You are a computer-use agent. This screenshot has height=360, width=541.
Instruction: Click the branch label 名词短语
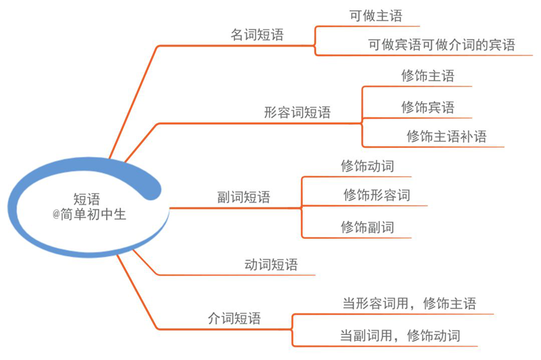[257, 35]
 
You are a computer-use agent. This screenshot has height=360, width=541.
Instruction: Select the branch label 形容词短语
[297, 112]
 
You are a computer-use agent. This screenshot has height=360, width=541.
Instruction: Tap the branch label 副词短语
[243, 197]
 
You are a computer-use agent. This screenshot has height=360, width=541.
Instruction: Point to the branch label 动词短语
[271, 265]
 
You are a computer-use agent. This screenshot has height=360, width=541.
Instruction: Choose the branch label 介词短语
[234, 318]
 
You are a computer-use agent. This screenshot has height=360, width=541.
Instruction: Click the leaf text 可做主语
[376, 16]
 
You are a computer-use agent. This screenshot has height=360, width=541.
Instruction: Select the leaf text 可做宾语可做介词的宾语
[442, 45]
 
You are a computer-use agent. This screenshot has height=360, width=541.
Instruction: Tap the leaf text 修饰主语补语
[446, 136]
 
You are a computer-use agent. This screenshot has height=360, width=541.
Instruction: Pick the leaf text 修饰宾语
[428, 108]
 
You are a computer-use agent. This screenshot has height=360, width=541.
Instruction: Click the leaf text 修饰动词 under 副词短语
[367, 166]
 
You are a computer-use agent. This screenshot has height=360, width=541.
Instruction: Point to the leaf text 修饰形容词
[376, 195]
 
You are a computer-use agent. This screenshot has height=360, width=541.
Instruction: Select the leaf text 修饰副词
[367, 227]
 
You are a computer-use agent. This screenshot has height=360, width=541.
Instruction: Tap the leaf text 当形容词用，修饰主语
[409, 304]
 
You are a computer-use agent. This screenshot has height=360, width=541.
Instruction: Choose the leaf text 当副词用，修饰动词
[400, 336]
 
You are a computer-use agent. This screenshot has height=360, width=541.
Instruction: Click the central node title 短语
[86, 199]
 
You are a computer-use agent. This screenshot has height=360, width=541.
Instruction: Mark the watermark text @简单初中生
[89, 215]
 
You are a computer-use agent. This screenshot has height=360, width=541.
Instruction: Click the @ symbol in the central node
[56, 215]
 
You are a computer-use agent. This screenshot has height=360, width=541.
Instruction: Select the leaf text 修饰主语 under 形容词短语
[428, 76]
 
